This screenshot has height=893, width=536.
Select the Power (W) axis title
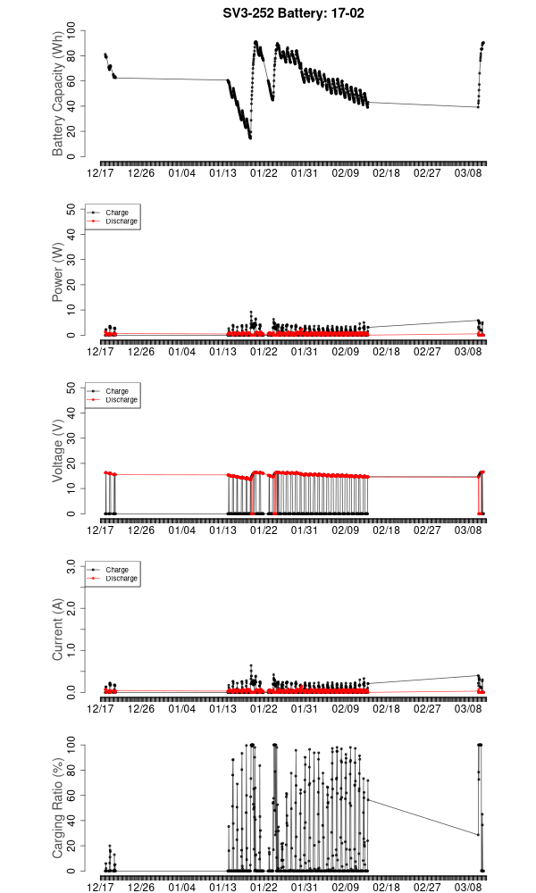click(58, 272)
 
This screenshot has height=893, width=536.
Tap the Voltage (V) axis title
click(58, 451)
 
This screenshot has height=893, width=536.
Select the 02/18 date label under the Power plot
click(386, 352)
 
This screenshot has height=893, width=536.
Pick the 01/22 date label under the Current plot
click(264, 709)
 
